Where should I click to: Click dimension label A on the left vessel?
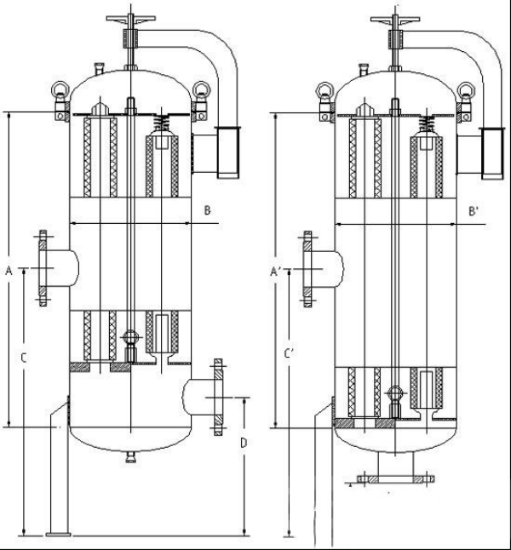pyautogui.click(x=8, y=271)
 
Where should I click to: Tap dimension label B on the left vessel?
pyautogui.click(x=207, y=209)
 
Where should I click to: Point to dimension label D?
pyautogui.click(x=244, y=443)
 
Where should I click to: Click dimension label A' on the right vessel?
pyautogui.click(x=275, y=272)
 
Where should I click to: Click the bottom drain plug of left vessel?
pyautogui.click(x=130, y=456)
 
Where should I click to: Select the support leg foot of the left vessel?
pyautogui.click(x=58, y=534)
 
